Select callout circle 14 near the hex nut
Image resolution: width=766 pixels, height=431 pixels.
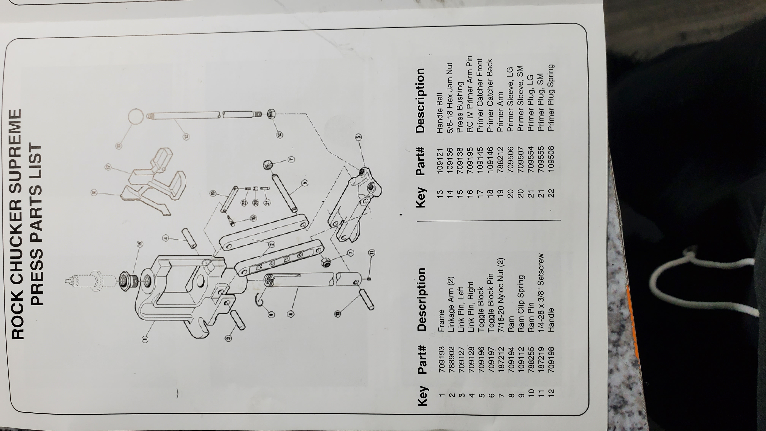pyautogui.click(x=279, y=135)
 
